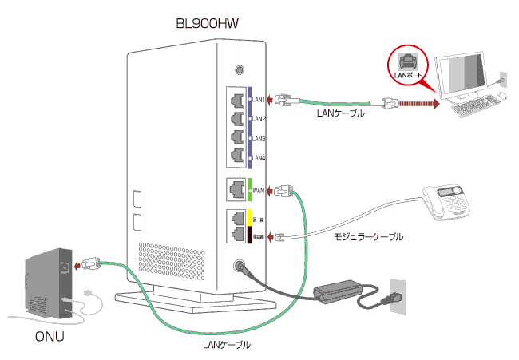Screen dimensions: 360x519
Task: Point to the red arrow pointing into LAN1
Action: (270, 101)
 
